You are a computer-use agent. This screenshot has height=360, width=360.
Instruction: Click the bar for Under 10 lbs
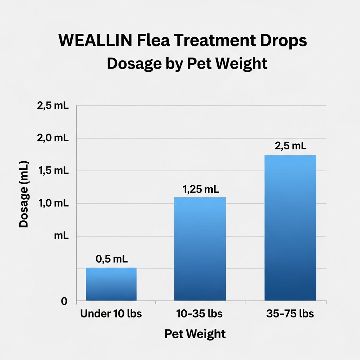coord(111,284)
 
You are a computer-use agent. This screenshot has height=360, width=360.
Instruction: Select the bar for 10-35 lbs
coord(200,249)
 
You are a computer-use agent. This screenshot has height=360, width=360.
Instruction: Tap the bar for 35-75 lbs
coord(290,228)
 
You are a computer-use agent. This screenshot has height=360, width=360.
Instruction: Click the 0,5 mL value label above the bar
coord(111,259)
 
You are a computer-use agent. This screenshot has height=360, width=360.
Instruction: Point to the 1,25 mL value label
coord(201,189)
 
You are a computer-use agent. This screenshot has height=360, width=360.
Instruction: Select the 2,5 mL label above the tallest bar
coord(290,146)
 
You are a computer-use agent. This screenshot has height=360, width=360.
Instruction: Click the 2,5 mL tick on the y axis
coord(52,106)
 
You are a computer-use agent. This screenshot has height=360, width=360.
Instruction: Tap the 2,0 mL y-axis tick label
coord(52,138)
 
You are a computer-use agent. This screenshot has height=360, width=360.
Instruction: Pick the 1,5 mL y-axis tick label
coord(52,171)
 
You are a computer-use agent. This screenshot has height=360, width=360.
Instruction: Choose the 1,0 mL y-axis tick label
coord(52,204)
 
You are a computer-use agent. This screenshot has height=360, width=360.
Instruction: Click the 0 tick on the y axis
coord(64,302)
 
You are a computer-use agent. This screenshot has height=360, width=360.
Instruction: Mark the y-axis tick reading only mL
coord(61,236)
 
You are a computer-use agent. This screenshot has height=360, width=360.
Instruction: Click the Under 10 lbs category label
coord(111,314)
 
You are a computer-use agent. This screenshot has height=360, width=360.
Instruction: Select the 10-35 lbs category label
coord(200,314)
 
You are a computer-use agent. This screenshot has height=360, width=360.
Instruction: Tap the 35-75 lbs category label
coord(290,314)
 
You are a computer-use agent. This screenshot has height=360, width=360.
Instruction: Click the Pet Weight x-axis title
coord(195,334)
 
